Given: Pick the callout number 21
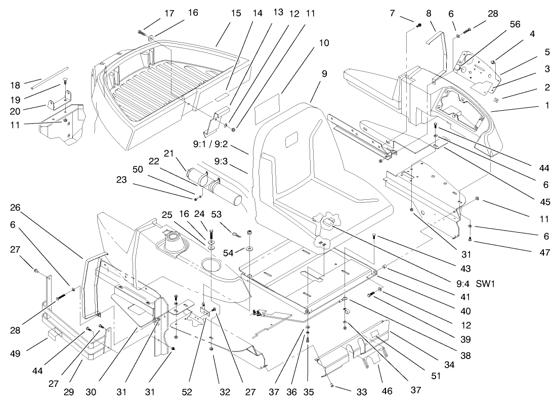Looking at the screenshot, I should (x=168, y=153).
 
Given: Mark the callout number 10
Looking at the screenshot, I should (x=324, y=43).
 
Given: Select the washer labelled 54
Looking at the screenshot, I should (x=250, y=249).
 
